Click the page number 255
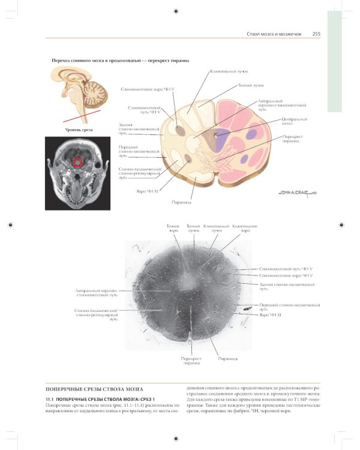(x=316, y=34)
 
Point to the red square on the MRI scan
(x=77, y=161)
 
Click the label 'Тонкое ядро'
(x=173, y=228)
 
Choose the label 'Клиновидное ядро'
(x=245, y=228)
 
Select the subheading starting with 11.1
(x=101, y=399)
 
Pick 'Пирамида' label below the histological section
(x=227, y=358)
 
